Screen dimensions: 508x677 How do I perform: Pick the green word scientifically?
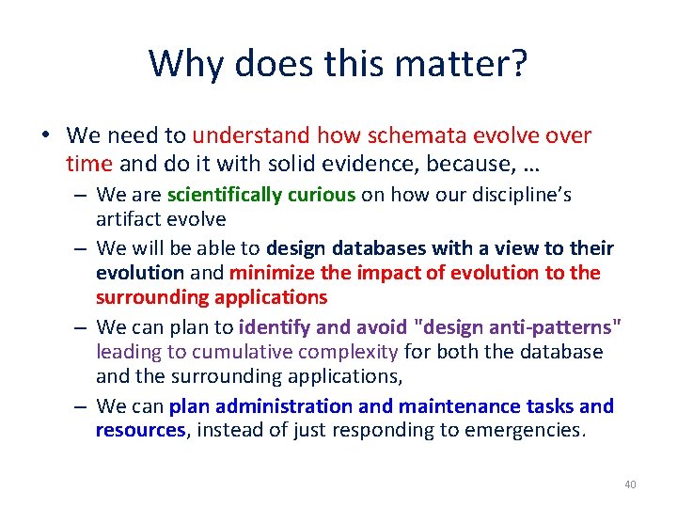click(x=224, y=196)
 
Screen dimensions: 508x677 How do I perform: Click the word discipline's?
click(x=518, y=196)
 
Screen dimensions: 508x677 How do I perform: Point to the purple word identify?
click(x=275, y=327)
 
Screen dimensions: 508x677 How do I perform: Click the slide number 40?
click(x=630, y=484)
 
